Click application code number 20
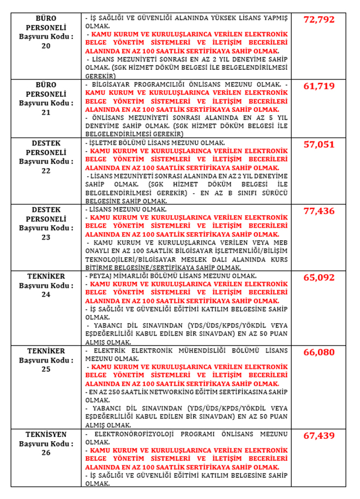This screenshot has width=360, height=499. pos(46,46)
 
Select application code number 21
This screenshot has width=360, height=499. pos(46,112)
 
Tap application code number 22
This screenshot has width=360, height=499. pos(46,170)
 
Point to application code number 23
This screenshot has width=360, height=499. pos(46,237)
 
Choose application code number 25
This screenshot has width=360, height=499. pos(46,369)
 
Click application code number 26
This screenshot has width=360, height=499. pos(46,453)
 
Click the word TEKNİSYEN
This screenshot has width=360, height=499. pos(46,435)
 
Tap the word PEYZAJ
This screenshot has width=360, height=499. pos(101,277)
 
